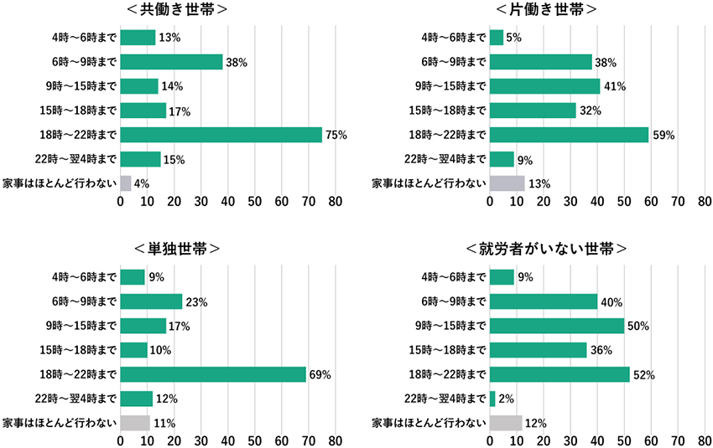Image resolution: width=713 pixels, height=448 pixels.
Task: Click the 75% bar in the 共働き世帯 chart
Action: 221,135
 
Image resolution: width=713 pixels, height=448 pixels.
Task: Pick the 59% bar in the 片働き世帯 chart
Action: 569,135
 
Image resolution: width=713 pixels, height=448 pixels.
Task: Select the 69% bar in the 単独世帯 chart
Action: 213,374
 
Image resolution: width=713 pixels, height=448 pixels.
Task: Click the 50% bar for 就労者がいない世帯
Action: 556,326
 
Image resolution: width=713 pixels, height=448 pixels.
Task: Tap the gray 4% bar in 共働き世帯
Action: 126,183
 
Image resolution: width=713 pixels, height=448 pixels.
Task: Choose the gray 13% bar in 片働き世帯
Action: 507,183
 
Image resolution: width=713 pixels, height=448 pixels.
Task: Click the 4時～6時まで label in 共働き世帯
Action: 83,38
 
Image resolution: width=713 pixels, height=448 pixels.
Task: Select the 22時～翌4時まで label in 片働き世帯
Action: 445,159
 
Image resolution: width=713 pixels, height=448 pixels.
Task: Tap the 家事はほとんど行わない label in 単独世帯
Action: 60,423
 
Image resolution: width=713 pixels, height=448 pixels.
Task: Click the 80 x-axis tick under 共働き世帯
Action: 335,202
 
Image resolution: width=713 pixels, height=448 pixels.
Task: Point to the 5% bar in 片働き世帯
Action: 496,38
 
